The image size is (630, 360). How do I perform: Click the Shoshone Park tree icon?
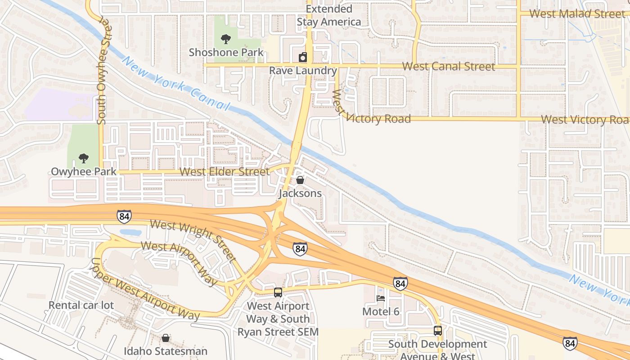pos(226,40)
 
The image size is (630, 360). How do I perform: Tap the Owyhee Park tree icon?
pos(83,158)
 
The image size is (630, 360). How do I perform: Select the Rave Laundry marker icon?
pos(303,58)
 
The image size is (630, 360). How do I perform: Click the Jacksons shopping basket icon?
pos(300,180)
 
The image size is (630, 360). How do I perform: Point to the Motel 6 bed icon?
pos(381,298)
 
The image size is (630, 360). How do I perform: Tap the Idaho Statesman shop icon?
pos(166,338)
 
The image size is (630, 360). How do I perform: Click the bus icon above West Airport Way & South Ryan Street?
pos(278,292)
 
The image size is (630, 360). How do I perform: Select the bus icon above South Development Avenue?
pos(438,331)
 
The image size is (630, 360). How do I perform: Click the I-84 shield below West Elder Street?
pos(124,216)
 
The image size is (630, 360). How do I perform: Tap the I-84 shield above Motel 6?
pos(400,283)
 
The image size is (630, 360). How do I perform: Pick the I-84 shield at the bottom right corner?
pos(570,344)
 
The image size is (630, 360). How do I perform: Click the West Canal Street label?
pos(448,67)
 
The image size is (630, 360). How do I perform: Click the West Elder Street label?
pos(225,172)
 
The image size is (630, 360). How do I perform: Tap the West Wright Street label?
pos(193,240)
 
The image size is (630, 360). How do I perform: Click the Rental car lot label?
pos(81,305)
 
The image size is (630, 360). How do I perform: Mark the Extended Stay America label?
pos(329,15)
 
